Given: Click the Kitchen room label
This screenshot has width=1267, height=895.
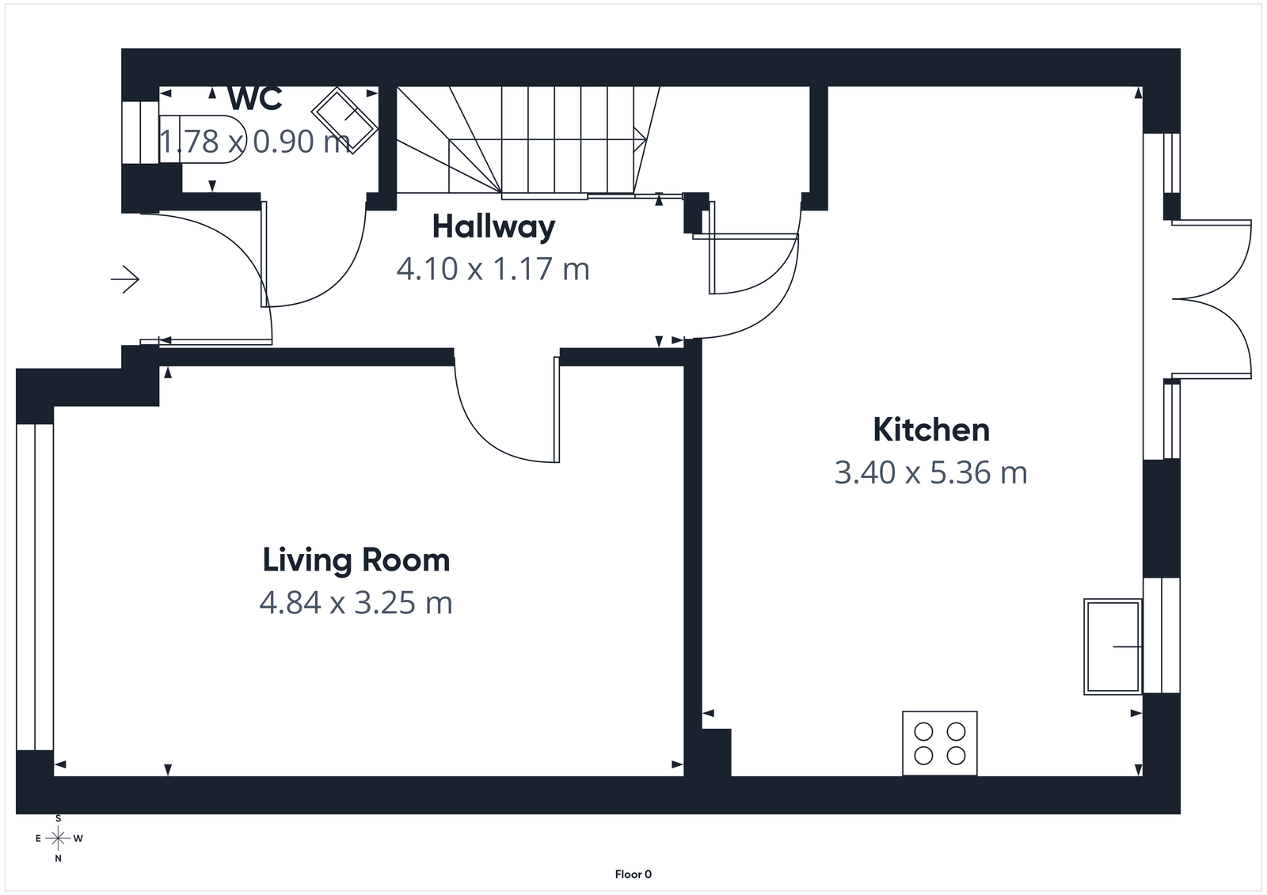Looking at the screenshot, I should coord(930,430).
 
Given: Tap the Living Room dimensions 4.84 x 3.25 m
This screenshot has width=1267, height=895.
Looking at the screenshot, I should coord(356,603).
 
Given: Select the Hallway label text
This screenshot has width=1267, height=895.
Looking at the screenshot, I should coord(493,227).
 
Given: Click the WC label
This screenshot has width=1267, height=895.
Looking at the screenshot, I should coord(255,99).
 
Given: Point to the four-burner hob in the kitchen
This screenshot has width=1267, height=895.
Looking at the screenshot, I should coord(940,743).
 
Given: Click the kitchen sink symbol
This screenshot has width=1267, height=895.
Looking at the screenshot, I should coord(1113,647).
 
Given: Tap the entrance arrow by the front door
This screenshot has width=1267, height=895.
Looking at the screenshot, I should coord(125,279).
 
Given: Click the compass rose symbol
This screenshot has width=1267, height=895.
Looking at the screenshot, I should coord(58,838).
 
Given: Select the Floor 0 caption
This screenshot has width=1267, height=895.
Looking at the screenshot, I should coord(633,874).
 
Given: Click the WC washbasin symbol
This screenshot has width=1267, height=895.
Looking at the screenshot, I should coord(344,119).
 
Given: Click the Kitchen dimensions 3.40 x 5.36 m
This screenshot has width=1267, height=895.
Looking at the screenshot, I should coord(930,473).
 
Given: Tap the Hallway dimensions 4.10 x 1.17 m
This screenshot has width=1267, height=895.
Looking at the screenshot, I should coord(493,269).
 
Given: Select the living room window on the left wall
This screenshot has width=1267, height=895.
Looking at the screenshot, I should coord(35,586).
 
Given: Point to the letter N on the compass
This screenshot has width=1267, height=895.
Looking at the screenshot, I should coord(58,858).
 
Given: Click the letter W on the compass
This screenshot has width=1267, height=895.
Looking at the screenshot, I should coord(78,838).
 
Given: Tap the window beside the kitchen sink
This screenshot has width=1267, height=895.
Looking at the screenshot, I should coord(1162,635).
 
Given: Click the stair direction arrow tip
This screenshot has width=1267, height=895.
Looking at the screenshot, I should coord(646,140).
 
